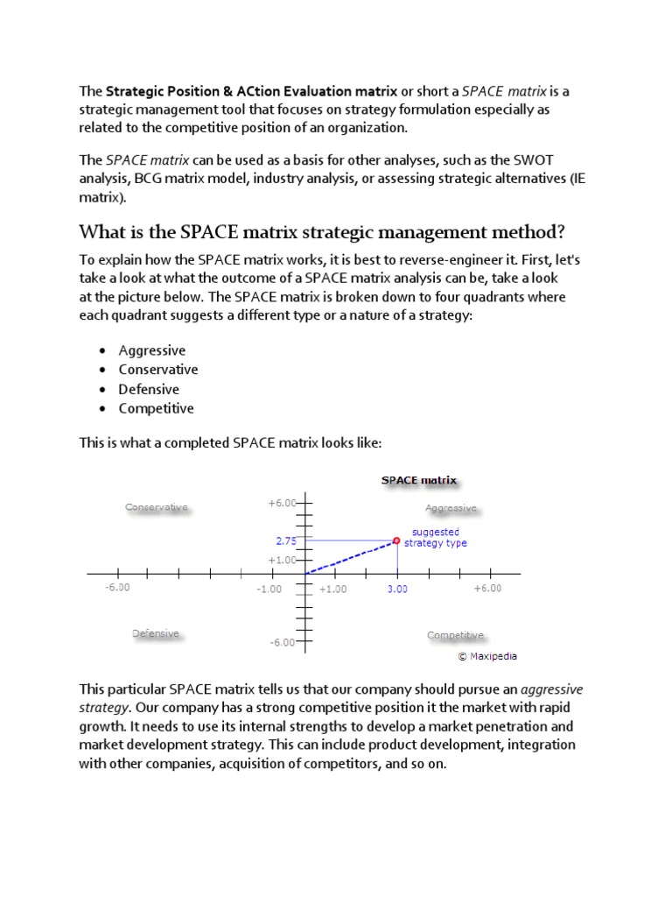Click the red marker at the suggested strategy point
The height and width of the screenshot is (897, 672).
point(396,540)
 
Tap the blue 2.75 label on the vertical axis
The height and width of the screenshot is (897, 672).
point(287,541)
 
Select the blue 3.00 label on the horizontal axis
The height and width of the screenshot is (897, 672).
point(397,590)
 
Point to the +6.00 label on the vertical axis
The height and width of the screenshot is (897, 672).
point(282,503)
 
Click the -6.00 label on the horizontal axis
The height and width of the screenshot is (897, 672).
point(117,588)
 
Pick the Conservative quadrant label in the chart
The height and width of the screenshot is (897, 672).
point(157,507)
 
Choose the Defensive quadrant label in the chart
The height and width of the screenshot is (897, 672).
point(156,633)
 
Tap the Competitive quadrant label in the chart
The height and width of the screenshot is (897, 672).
point(455,635)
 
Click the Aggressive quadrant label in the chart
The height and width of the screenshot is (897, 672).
point(451,508)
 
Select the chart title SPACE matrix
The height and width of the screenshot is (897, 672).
point(418,480)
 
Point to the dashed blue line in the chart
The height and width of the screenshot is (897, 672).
point(350,557)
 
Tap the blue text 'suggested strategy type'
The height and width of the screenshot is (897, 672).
point(436,537)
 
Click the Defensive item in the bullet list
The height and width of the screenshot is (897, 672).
point(149,389)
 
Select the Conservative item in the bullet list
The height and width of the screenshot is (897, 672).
point(158,370)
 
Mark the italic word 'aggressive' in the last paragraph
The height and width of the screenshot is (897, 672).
point(551,689)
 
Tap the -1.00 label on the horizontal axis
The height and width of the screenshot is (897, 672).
point(269,590)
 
